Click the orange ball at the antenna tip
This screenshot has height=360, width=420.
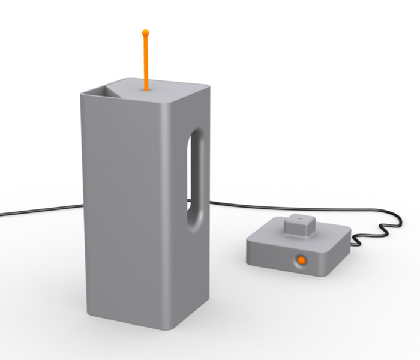pos(145,32)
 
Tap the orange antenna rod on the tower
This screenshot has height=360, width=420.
pos(145,60)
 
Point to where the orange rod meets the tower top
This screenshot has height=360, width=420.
pos(146,89)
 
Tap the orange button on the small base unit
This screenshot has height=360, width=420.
pos(301,260)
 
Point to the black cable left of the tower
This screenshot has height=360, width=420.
pos(36,211)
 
